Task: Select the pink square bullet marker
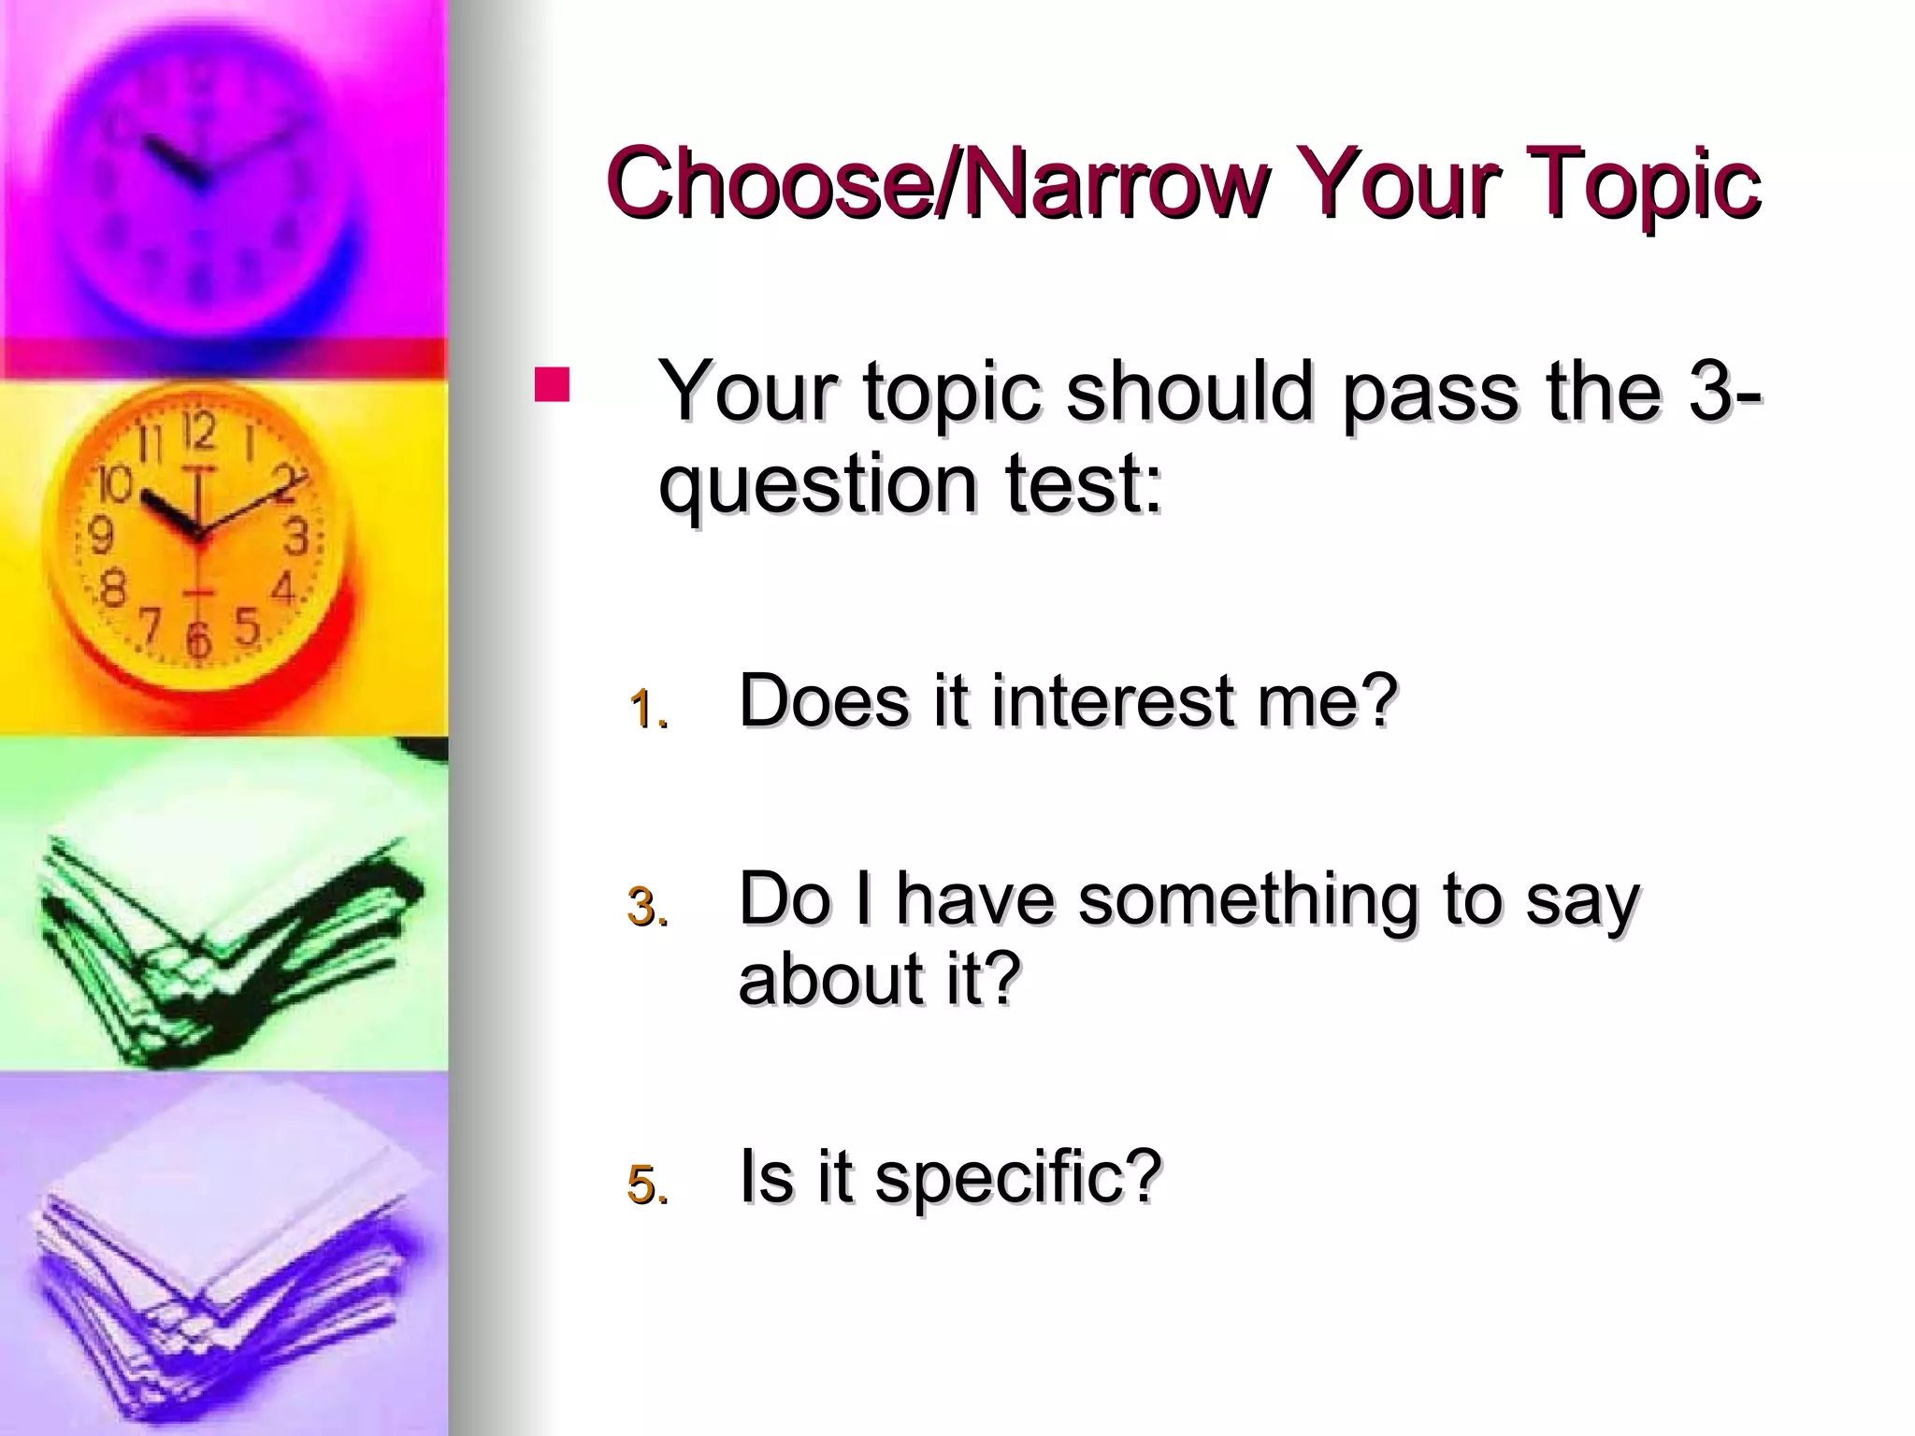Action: pyautogui.click(x=552, y=385)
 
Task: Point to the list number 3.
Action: pyautogui.click(x=648, y=907)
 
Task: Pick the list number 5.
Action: pyautogui.click(x=648, y=1185)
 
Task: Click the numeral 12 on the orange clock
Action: pyautogui.click(x=198, y=431)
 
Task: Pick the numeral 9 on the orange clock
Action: pyautogui.click(x=99, y=536)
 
